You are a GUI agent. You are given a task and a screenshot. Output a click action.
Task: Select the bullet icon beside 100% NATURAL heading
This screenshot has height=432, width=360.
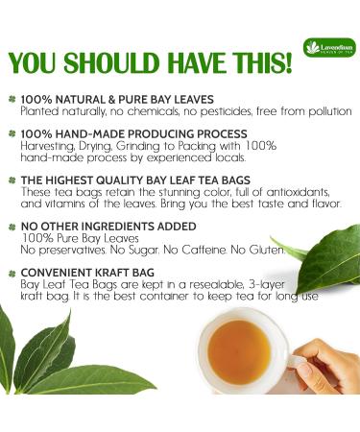[13, 99]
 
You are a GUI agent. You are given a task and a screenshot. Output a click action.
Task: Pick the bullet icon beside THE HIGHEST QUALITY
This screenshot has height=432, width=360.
[13, 180]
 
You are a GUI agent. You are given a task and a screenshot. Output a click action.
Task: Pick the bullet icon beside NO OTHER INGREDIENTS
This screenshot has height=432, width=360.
[13, 226]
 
